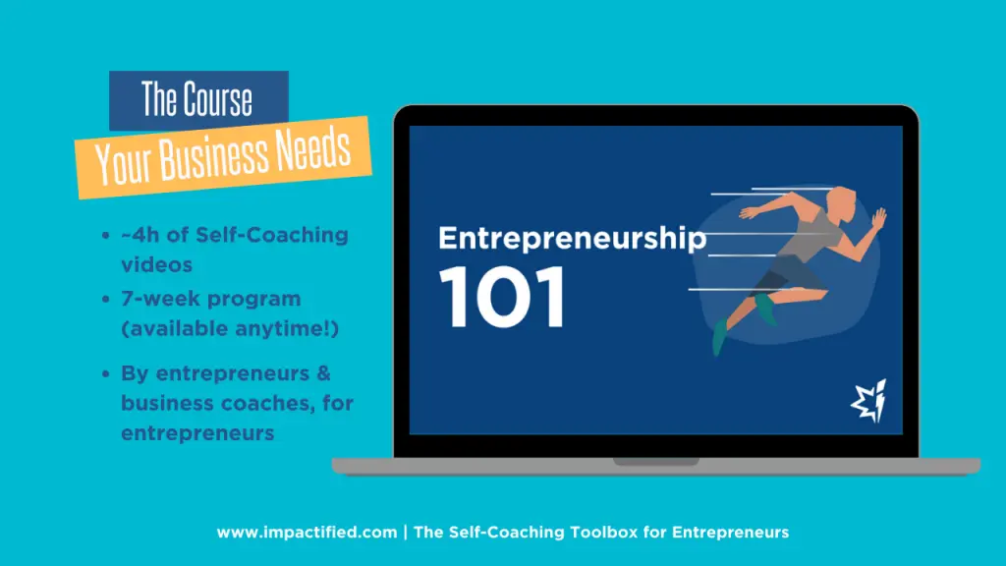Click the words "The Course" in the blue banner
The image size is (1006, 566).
(x=197, y=100)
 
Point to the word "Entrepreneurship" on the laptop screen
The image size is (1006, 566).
(x=572, y=239)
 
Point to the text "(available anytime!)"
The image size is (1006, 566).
(x=230, y=329)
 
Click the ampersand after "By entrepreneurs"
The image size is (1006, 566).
(x=323, y=373)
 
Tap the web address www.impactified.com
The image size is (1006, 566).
(x=307, y=533)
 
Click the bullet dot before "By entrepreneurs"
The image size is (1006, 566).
(x=105, y=374)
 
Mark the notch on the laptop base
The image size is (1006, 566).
(x=655, y=461)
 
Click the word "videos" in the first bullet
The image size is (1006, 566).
(x=157, y=265)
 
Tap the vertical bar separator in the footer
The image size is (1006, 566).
(x=406, y=533)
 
